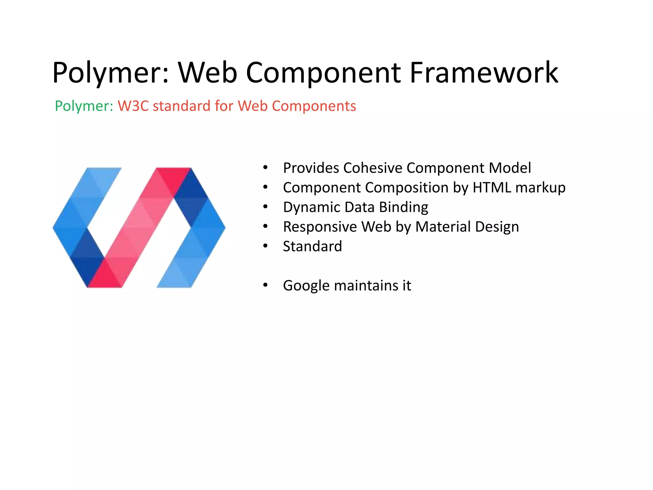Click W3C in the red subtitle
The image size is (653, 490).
133,106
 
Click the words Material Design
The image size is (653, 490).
467,227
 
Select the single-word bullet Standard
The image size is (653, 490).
312,246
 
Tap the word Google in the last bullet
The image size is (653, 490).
306,286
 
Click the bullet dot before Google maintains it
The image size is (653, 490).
265,285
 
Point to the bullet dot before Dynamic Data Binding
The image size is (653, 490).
265,207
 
